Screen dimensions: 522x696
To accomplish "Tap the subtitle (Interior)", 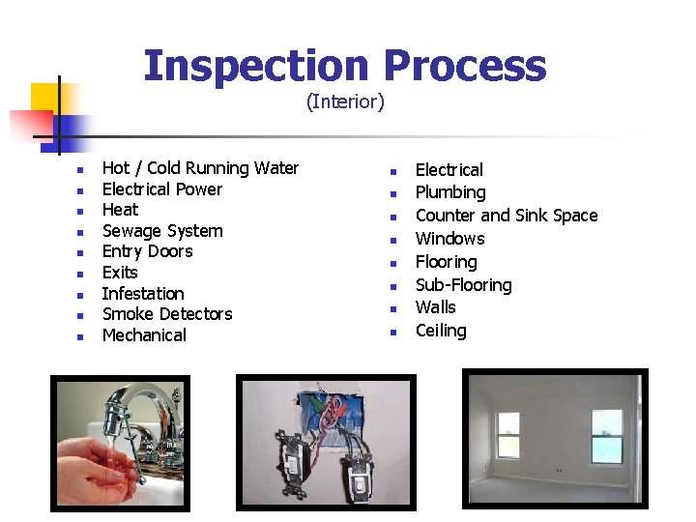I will coord(345,101).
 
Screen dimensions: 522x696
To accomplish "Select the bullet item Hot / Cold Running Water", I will coord(200,168).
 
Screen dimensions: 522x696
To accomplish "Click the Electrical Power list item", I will coord(161,189).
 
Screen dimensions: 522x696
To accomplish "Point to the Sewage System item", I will coord(161,231).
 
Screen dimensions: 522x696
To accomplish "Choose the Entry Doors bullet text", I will coord(147,251).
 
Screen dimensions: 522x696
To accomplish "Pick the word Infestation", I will coord(142,294).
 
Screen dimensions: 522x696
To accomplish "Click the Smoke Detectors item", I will coord(166,314).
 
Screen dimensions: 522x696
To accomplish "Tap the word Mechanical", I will coord(144,335).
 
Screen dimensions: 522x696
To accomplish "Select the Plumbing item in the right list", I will coord(449,192).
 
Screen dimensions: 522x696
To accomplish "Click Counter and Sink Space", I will coord(506,216).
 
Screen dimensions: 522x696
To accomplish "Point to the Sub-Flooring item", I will coord(463,285).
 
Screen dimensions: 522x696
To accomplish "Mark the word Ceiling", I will coord(440,331).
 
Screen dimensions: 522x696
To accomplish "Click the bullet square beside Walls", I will coord(393,309).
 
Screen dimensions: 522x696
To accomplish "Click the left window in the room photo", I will coord(508,434).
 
